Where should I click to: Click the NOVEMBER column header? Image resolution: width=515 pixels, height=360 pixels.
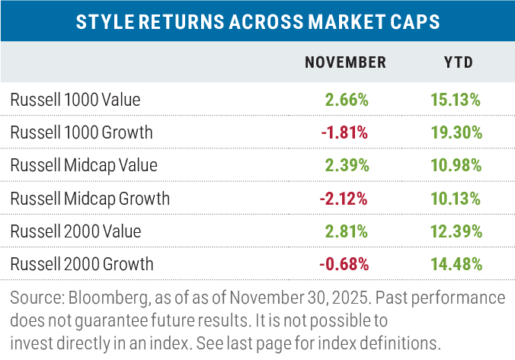[345, 62]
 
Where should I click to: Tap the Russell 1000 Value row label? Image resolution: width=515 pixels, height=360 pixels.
[75, 99]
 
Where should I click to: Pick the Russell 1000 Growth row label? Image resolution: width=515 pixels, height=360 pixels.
[82, 132]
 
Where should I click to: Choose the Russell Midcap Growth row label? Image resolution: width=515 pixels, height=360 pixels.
[91, 199]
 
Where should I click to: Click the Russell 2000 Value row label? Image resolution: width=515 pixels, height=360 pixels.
[75, 232]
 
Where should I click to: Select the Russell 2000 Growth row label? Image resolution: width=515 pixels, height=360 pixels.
[82, 265]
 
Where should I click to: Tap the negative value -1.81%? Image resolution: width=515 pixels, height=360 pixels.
[345, 132]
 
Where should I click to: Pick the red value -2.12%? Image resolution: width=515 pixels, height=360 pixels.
[345, 199]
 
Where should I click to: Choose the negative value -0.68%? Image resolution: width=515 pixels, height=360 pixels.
[345, 265]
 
